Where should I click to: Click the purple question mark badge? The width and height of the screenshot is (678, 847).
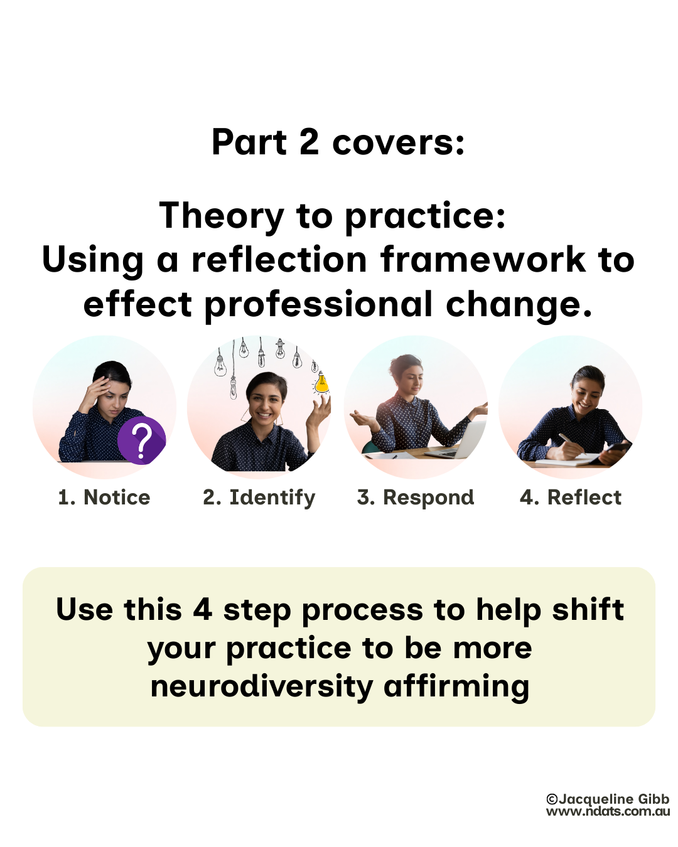[142, 440]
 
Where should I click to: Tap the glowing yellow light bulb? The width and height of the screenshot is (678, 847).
[321, 383]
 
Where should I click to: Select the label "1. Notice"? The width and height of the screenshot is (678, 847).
[104, 498]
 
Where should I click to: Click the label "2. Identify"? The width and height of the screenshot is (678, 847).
[259, 498]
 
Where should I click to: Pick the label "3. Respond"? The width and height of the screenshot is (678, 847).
[416, 498]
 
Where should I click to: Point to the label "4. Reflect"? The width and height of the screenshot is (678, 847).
[570, 498]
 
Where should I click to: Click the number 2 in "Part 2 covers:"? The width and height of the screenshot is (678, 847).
[309, 142]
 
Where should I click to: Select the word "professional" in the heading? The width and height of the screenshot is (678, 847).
[319, 305]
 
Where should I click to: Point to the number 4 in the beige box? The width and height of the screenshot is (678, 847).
[202, 610]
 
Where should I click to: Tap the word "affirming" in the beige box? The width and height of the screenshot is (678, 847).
[456, 686]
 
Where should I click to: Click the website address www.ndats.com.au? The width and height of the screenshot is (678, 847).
[608, 812]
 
